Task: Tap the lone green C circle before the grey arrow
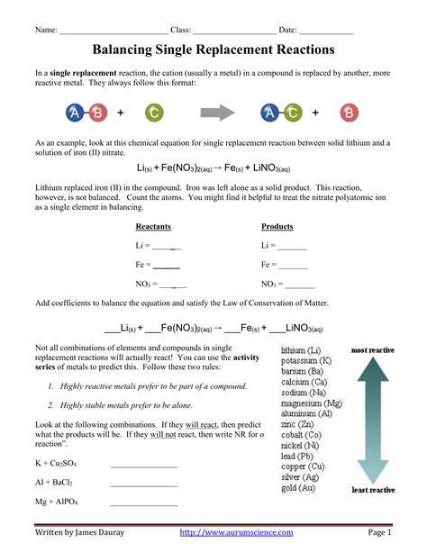[155, 113]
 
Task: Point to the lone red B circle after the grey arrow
[350, 113]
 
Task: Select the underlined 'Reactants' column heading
[153, 226]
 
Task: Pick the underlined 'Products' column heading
[277, 226]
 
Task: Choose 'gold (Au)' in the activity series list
[302, 489]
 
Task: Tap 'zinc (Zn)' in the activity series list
[300, 423]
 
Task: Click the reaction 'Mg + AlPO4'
[56, 501]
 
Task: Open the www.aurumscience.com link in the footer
[237, 533]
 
